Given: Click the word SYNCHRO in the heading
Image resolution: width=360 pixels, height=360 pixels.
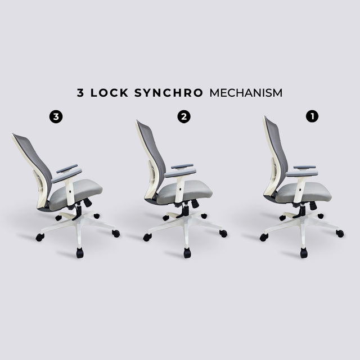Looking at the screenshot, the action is [169, 93].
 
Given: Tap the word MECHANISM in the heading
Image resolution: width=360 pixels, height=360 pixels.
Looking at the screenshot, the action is [246, 93].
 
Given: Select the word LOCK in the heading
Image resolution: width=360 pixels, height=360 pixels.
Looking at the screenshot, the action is [109, 93].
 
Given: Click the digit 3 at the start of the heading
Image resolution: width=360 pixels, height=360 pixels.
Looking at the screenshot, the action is [80, 93].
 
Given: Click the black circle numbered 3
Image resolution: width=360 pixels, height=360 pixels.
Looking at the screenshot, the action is [56, 116].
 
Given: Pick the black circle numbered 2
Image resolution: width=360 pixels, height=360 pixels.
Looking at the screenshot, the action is [184, 116].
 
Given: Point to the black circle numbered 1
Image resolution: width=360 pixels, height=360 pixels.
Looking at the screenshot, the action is [312, 116].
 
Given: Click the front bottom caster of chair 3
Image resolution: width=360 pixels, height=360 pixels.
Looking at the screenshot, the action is [80, 253].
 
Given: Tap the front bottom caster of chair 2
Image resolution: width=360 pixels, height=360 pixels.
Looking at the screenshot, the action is [187, 253].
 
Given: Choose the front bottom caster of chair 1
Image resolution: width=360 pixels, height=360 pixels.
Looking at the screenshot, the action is [304, 253].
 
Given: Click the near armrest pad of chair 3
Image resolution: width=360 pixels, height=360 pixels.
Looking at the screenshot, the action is [66, 175].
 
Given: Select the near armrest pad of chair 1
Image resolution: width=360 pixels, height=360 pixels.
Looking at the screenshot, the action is [302, 174].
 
